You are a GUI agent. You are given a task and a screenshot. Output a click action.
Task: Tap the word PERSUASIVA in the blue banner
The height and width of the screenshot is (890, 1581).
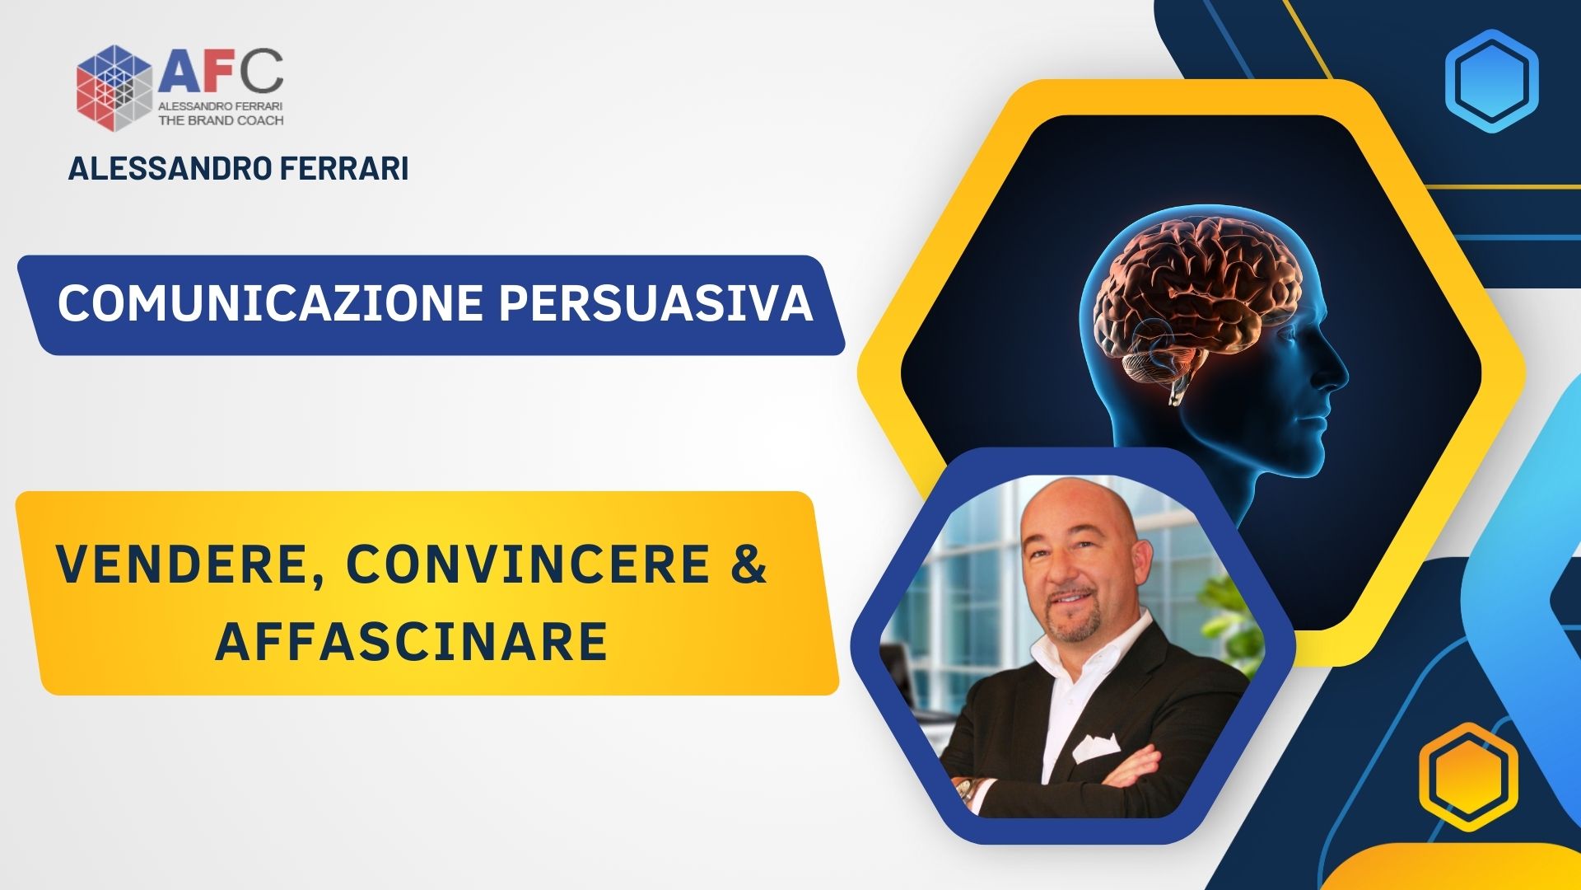[x=656, y=303]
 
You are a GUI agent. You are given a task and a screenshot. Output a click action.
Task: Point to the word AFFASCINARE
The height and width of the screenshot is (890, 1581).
[x=412, y=642]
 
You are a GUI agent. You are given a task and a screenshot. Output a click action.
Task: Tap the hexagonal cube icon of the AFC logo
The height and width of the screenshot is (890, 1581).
[x=114, y=88]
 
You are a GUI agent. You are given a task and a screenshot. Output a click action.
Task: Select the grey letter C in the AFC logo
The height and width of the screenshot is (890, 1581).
[x=263, y=72]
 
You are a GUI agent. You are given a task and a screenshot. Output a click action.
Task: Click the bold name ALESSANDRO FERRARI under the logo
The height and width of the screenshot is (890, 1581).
[x=238, y=168]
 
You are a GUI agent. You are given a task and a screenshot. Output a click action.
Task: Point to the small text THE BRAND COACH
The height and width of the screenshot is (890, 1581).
[x=221, y=119]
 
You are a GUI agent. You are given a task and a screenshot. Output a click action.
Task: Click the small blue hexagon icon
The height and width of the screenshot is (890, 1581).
[x=1491, y=81]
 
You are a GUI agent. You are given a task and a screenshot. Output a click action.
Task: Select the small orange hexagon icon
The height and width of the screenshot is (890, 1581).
[x=1468, y=776]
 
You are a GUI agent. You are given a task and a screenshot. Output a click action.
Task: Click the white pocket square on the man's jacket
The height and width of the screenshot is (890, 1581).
[x=1096, y=747]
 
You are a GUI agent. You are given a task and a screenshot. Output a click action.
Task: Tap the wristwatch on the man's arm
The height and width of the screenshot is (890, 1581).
[x=965, y=794]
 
